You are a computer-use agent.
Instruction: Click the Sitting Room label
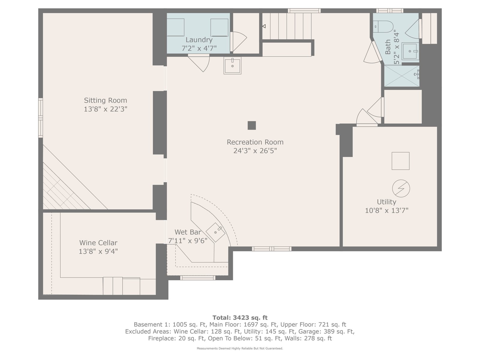coord(105,100)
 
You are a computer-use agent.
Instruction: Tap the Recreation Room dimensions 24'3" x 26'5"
coord(255,151)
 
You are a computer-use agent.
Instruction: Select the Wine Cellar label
coord(98,243)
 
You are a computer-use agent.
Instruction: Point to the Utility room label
coord(386,202)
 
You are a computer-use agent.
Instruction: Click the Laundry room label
coord(199,40)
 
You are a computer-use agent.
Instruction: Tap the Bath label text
coord(388,47)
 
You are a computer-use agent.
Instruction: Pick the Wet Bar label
coord(188,232)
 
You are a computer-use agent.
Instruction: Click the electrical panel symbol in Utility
coord(401,188)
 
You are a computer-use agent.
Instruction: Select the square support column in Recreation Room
coord(251,125)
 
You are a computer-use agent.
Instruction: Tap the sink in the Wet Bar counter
coord(216,232)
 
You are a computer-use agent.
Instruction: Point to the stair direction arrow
coord(264,26)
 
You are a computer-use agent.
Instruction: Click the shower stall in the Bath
coord(402,76)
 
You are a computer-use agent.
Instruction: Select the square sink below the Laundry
coord(232,65)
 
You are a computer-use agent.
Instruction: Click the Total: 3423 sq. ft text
coord(240,318)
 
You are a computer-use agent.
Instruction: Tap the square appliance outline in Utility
coord(400,161)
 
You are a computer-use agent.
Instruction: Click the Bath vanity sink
coord(410,51)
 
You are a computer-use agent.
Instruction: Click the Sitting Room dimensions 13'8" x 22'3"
coord(105,109)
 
